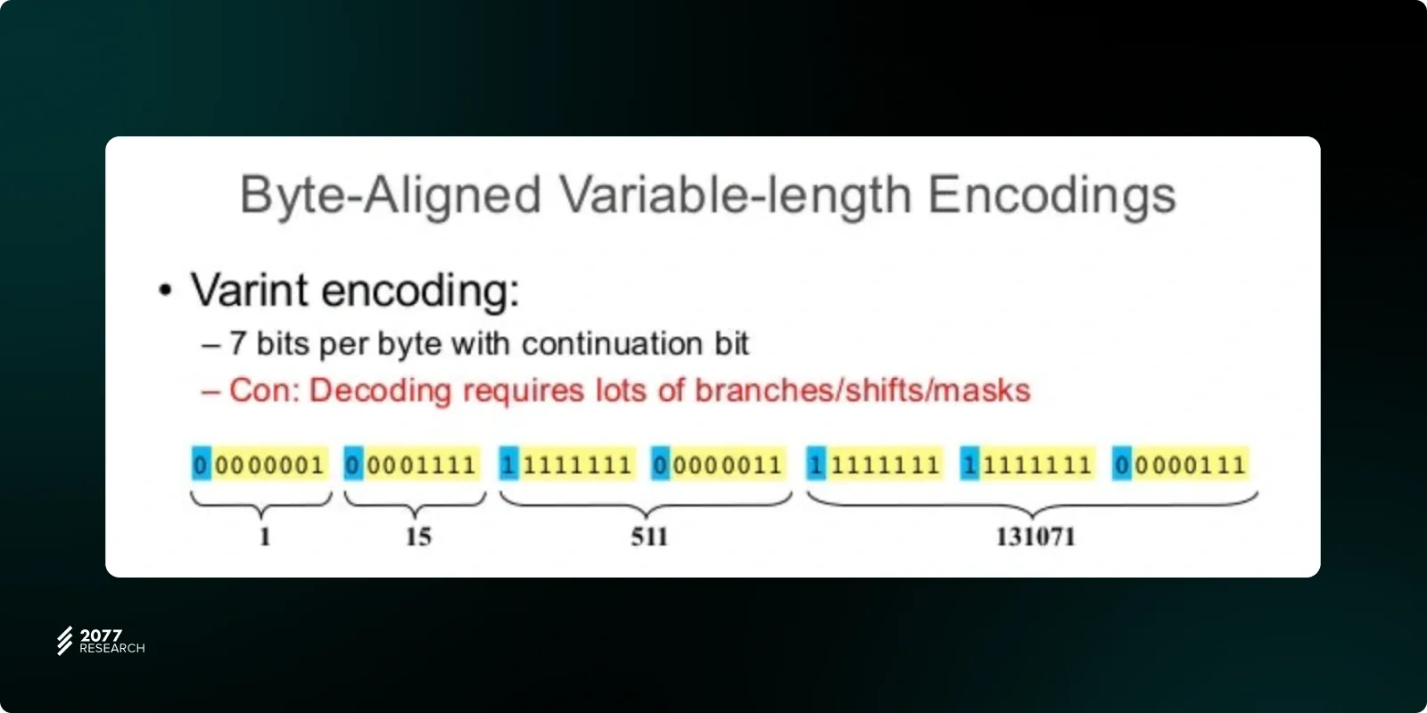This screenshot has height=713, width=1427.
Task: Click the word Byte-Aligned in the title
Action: coord(391,195)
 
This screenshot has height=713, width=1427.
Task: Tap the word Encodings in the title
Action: coord(1052,195)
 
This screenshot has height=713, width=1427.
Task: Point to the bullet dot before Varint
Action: coord(166,291)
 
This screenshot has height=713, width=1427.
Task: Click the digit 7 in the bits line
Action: coord(237,344)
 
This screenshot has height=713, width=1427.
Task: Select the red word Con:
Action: coord(264,390)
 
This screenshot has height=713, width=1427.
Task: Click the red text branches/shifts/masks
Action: coord(862,390)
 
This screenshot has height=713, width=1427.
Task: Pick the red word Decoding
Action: coord(380,391)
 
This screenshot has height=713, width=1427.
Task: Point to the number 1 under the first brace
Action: coord(265,537)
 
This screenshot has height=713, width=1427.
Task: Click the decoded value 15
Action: coord(418,537)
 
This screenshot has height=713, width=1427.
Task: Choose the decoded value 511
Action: coord(649,537)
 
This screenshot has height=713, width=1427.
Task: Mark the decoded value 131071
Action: coord(1035,537)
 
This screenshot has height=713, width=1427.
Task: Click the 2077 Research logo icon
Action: coord(64,641)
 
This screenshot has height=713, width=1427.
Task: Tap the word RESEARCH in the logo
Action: coord(112,648)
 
